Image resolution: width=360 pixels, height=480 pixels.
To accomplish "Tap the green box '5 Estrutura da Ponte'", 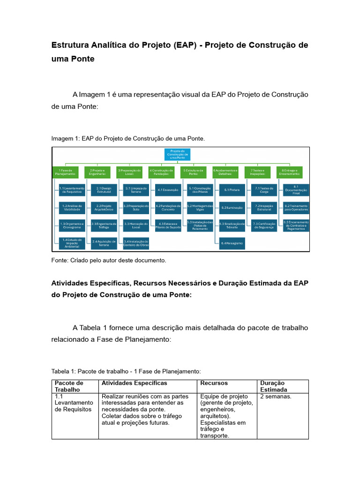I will [x=193, y=172].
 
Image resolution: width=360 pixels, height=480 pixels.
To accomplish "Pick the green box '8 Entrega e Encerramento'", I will [x=289, y=172].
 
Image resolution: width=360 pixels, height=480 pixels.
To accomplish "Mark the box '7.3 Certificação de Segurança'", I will [x=264, y=225].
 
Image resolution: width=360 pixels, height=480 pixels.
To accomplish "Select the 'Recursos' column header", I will [x=214, y=383].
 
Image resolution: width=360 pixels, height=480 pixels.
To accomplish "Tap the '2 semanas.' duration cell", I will [x=276, y=397].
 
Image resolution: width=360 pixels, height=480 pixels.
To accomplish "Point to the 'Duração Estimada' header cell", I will [x=273, y=386].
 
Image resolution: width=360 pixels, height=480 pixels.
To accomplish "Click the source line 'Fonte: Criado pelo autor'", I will [x=108, y=260].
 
